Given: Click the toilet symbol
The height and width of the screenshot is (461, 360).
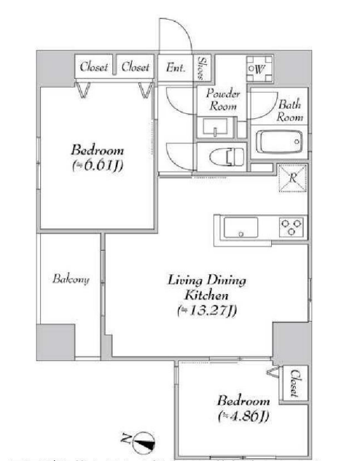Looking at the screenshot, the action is click(x=227, y=157).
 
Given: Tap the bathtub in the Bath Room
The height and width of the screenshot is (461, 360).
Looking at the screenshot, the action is click(x=279, y=142).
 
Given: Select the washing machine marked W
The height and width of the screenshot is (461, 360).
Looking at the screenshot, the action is click(x=259, y=69).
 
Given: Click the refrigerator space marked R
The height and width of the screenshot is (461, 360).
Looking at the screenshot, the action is click(x=292, y=179).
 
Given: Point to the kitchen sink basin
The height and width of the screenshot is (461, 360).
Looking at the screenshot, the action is click(x=240, y=228).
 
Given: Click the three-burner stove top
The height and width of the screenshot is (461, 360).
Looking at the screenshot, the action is click(x=291, y=228).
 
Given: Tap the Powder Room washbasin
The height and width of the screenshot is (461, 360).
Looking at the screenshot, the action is click(x=215, y=128).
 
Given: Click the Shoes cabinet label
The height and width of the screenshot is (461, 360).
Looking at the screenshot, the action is click(x=201, y=69).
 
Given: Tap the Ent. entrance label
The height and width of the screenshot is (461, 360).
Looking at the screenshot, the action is click(x=176, y=68).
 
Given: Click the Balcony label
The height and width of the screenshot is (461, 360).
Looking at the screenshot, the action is click(x=71, y=279).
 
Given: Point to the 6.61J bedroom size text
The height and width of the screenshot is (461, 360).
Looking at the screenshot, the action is click(x=97, y=166).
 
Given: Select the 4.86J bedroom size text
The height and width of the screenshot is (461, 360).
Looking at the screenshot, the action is click(x=243, y=416).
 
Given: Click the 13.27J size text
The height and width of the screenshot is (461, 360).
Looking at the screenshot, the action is click(x=207, y=311).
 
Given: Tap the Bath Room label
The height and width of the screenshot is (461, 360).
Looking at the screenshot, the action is click(x=289, y=111).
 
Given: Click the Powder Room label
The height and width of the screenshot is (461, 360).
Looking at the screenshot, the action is click(x=223, y=99).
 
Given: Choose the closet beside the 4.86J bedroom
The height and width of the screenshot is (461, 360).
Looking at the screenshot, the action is click(x=295, y=383).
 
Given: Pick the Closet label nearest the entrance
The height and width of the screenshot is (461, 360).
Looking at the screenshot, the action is click(x=136, y=66).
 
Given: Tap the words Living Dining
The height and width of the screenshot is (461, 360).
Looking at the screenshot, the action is click(x=207, y=280).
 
